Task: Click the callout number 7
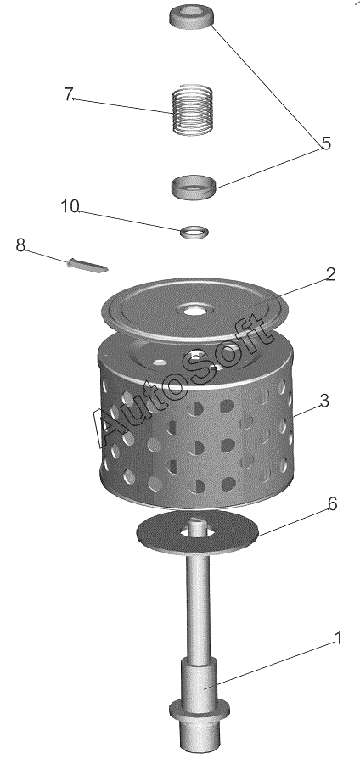click(68, 94)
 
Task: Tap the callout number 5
click(326, 143)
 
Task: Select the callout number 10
click(70, 206)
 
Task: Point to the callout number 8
click(20, 245)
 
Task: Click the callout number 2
click(330, 275)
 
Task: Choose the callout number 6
click(332, 505)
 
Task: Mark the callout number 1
click(338, 638)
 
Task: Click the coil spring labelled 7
click(194, 110)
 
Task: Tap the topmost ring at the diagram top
click(192, 18)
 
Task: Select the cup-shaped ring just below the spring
click(194, 187)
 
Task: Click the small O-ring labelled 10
click(194, 233)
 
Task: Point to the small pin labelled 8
click(87, 265)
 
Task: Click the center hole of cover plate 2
click(194, 310)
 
